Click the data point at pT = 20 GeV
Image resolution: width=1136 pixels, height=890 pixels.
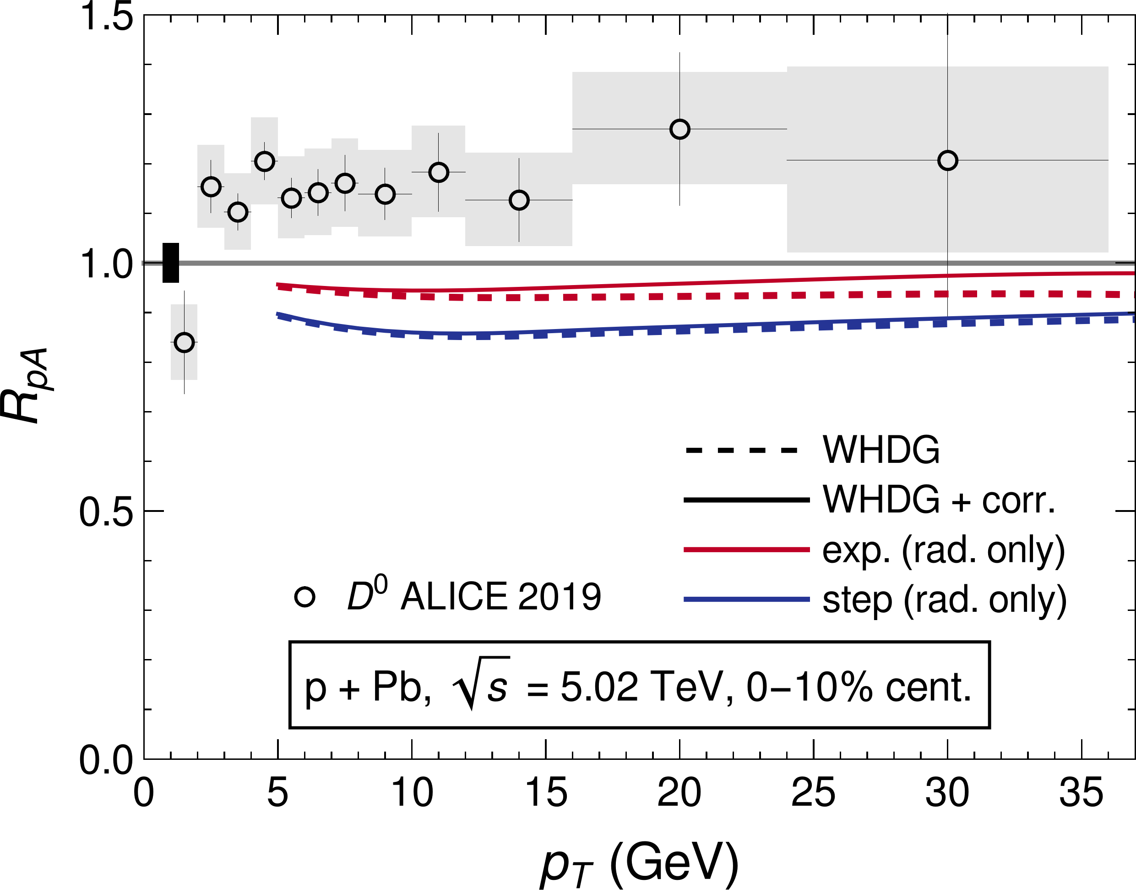(x=679, y=129)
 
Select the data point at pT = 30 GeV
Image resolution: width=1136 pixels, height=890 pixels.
(x=947, y=160)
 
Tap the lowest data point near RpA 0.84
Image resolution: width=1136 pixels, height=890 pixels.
(x=185, y=342)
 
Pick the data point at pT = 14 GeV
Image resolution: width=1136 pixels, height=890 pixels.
(x=518, y=200)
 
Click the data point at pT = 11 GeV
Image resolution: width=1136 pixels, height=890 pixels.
(x=438, y=172)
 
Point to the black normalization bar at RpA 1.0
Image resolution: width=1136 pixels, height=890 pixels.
(x=171, y=263)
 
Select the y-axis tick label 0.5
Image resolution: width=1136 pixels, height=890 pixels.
(x=106, y=512)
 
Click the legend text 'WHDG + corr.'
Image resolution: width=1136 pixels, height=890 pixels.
(x=939, y=500)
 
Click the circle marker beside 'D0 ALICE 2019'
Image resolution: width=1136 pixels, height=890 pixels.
(x=304, y=597)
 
